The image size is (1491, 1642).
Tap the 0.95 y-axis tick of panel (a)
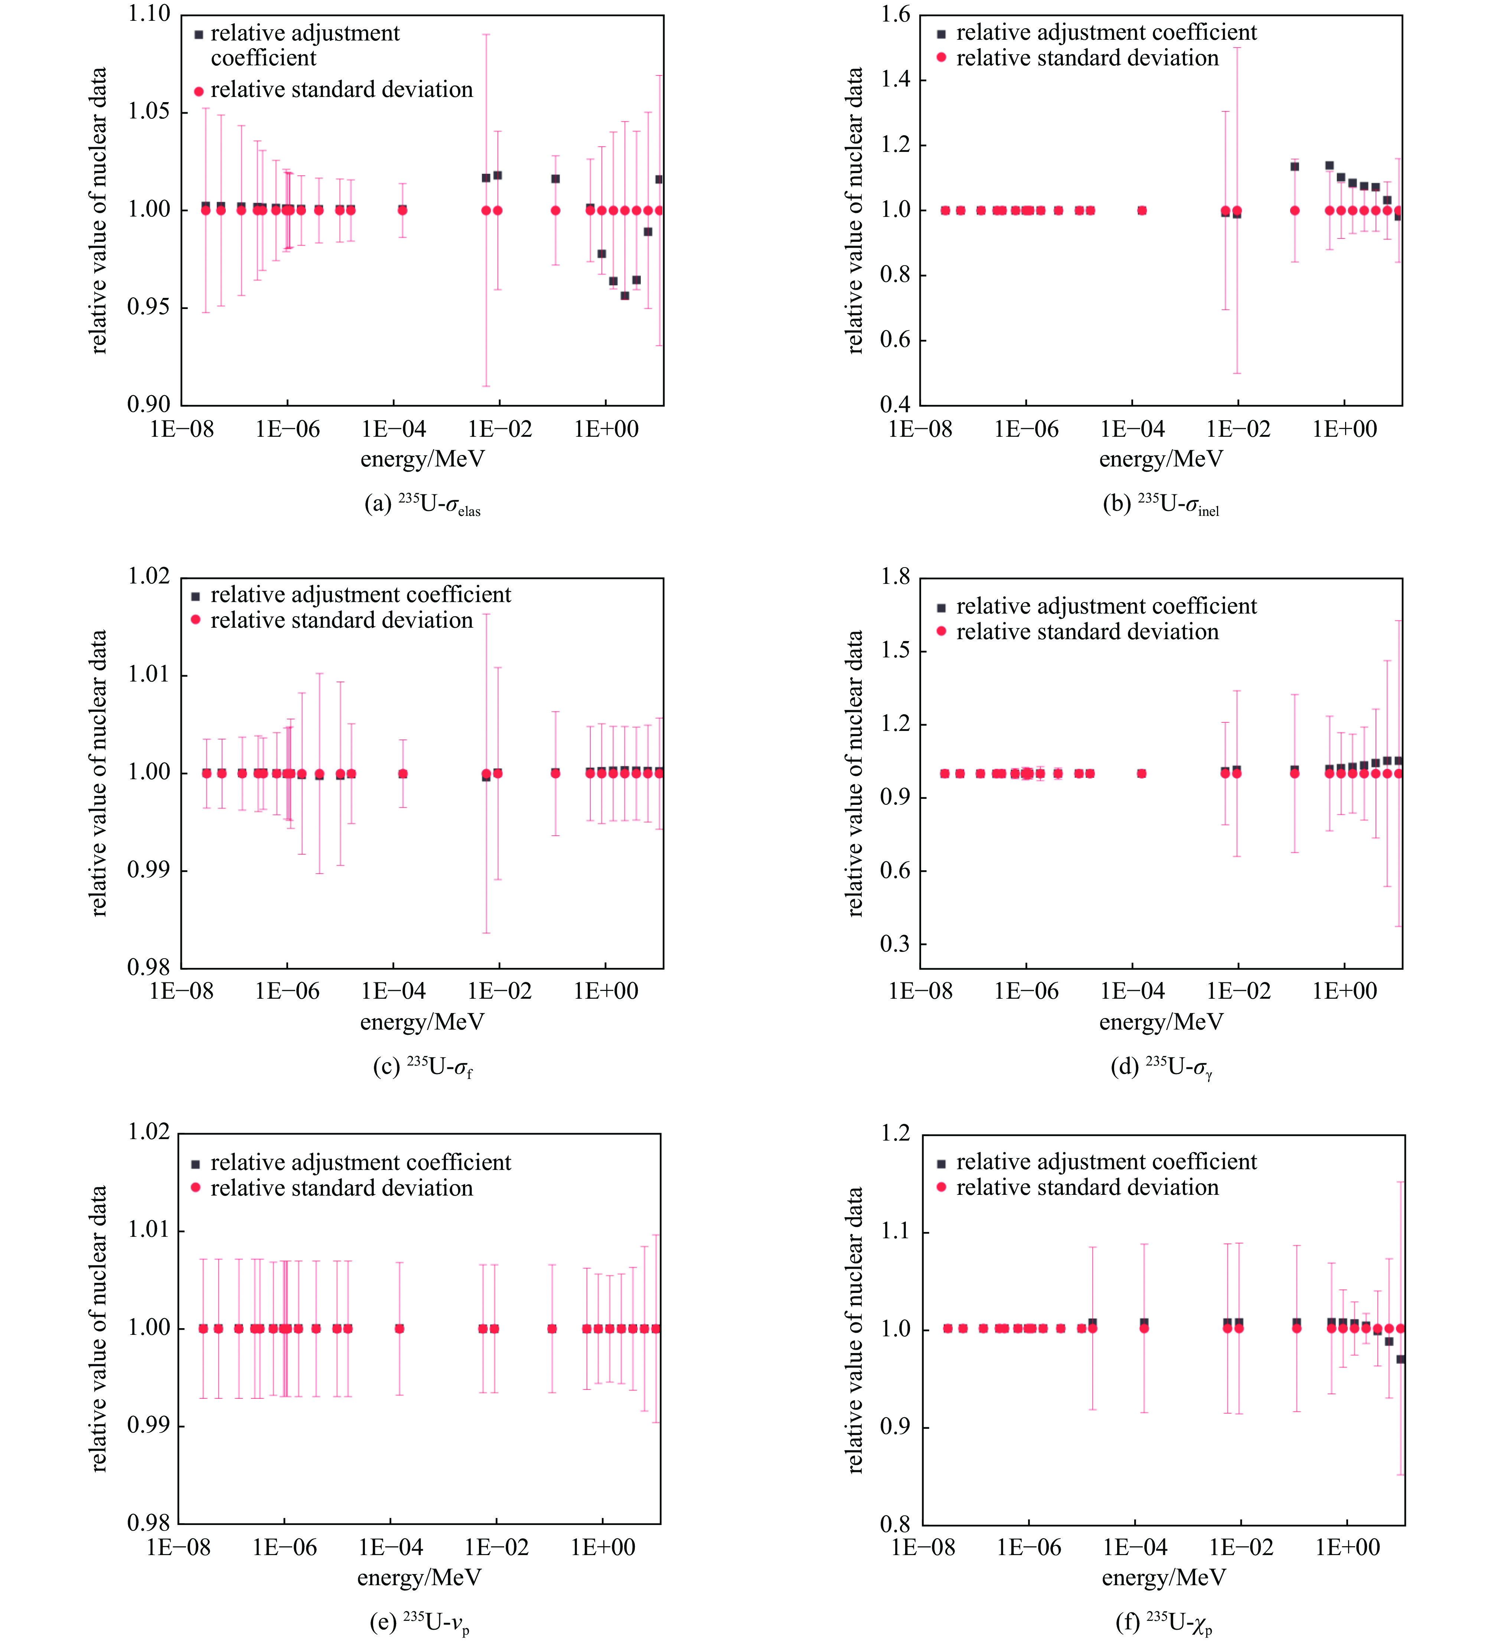point(149,307)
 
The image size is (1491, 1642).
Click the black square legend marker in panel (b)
point(941,34)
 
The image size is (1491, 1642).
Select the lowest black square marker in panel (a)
point(624,296)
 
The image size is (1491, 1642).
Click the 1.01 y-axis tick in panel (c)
point(149,674)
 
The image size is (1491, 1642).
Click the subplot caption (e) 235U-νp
point(420,1622)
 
